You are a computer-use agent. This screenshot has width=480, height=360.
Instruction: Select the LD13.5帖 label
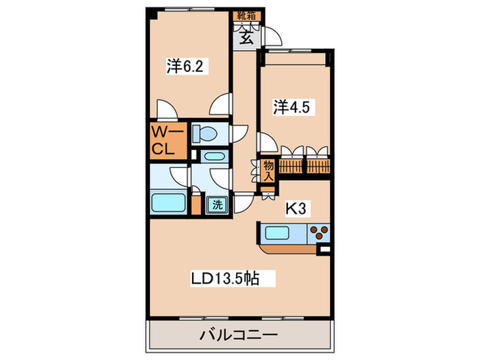coord(232,279)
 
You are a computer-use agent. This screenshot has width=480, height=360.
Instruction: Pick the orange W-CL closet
coord(167,139)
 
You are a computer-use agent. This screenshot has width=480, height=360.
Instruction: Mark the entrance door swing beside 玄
coord(268,36)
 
